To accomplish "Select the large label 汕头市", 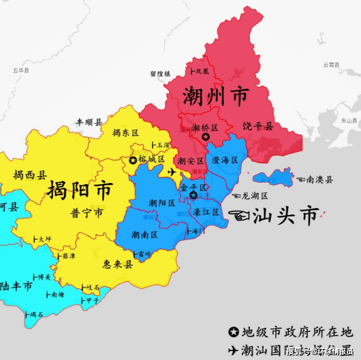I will point(286,216).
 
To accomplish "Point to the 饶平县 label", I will point(258,126).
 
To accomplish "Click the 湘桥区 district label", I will point(205,128).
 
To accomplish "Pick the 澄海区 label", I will point(225,160).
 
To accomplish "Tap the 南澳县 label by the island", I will point(319,180).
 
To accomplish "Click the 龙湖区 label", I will point(254,196).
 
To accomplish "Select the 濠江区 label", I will point(206,212).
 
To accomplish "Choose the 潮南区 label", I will point(145,235).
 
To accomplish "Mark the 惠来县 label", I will point(118,264).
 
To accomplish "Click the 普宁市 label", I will point(87,213).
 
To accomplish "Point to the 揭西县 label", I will point(30,175).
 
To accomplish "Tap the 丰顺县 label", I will point(89,122).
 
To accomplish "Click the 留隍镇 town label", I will point(160,74).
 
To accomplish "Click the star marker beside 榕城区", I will point(133,159).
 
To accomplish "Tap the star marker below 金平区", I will point(193,195).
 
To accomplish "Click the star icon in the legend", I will point(233,332).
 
